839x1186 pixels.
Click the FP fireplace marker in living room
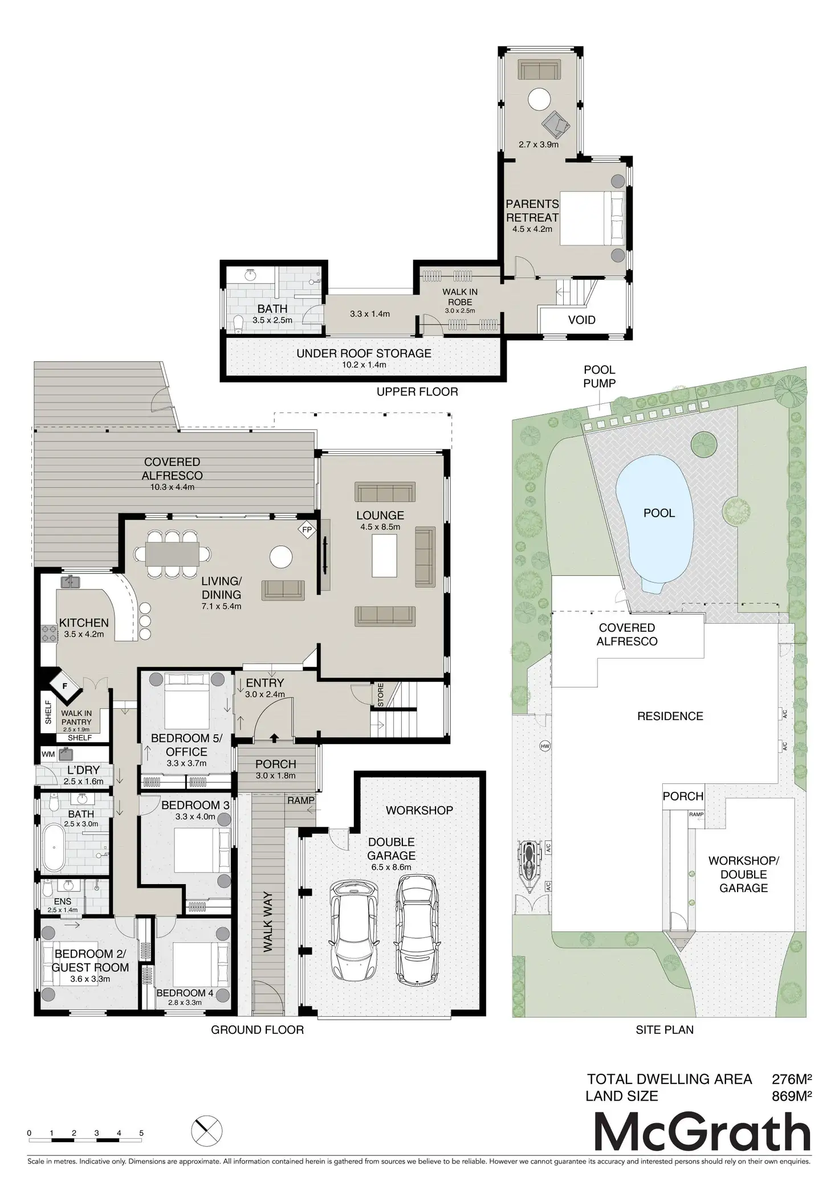[x=307, y=530]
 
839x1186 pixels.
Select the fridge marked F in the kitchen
[x=65, y=686]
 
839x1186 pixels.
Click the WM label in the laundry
[x=48, y=754]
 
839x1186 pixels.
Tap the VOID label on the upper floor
[x=581, y=320]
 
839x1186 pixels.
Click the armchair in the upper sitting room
[x=556, y=123]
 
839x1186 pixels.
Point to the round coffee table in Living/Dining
[x=281, y=557]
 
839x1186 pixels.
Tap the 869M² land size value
[x=791, y=1096]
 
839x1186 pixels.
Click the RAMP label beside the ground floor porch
[x=301, y=800]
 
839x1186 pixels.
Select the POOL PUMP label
[x=599, y=377]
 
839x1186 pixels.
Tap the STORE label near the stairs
[x=380, y=695]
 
